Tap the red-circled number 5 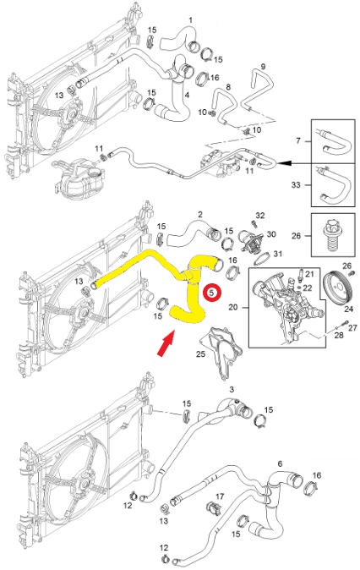coord(213,292)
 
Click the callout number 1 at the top coord(190,19)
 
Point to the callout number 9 coord(263,67)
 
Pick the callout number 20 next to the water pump coord(234,310)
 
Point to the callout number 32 coord(260,216)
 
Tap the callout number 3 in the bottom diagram coord(230,389)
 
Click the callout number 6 coord(280,464)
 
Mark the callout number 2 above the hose coord(199,215)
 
